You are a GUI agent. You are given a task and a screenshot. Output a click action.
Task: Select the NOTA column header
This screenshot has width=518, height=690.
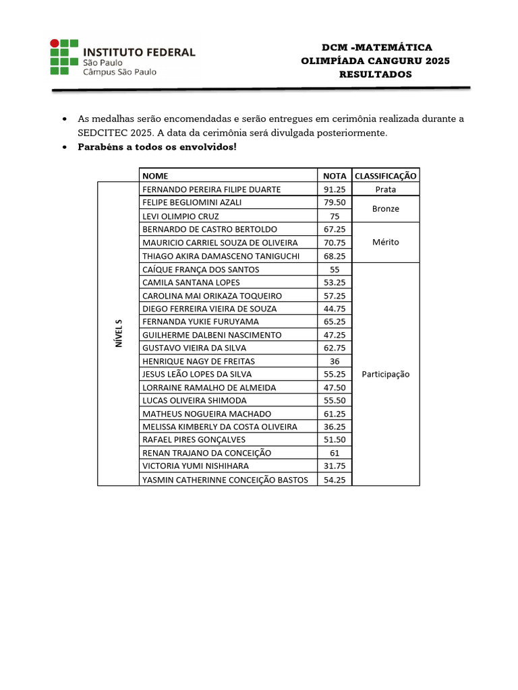tap(335, 176)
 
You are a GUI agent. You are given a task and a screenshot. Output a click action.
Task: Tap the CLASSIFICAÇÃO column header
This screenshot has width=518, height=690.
tap(385, 176)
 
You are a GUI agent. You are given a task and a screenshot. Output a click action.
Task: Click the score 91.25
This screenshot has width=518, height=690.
tap(335, 189)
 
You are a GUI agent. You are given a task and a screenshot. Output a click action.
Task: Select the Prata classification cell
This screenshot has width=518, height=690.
tap(385, 189)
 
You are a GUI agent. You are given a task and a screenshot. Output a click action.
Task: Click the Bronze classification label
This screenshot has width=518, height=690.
tap(385, 209)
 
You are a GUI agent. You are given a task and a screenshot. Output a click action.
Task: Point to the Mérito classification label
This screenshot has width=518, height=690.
tap(385, 242)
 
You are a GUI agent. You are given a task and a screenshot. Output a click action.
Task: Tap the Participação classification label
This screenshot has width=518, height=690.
tap(385, 374)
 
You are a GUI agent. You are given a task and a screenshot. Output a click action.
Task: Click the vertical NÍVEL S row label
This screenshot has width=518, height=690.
tap(118, 334)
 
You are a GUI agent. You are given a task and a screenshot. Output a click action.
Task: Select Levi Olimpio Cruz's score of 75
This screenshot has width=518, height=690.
tap(335, 216)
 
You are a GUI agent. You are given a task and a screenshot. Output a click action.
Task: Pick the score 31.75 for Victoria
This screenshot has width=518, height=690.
tap(335, 466)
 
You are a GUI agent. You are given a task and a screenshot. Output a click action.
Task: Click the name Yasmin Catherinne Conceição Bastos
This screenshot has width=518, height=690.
tap(225, 480)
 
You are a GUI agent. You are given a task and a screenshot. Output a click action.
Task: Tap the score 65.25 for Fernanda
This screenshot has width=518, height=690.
tap(335, 321)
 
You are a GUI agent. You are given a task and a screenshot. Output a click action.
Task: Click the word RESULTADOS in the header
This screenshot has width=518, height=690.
tap(375, 74)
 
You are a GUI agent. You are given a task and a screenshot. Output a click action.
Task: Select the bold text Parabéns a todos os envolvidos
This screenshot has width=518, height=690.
tap(157, 147)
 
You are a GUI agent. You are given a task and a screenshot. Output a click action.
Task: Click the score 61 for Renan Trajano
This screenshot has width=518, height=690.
tap(335, 453)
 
